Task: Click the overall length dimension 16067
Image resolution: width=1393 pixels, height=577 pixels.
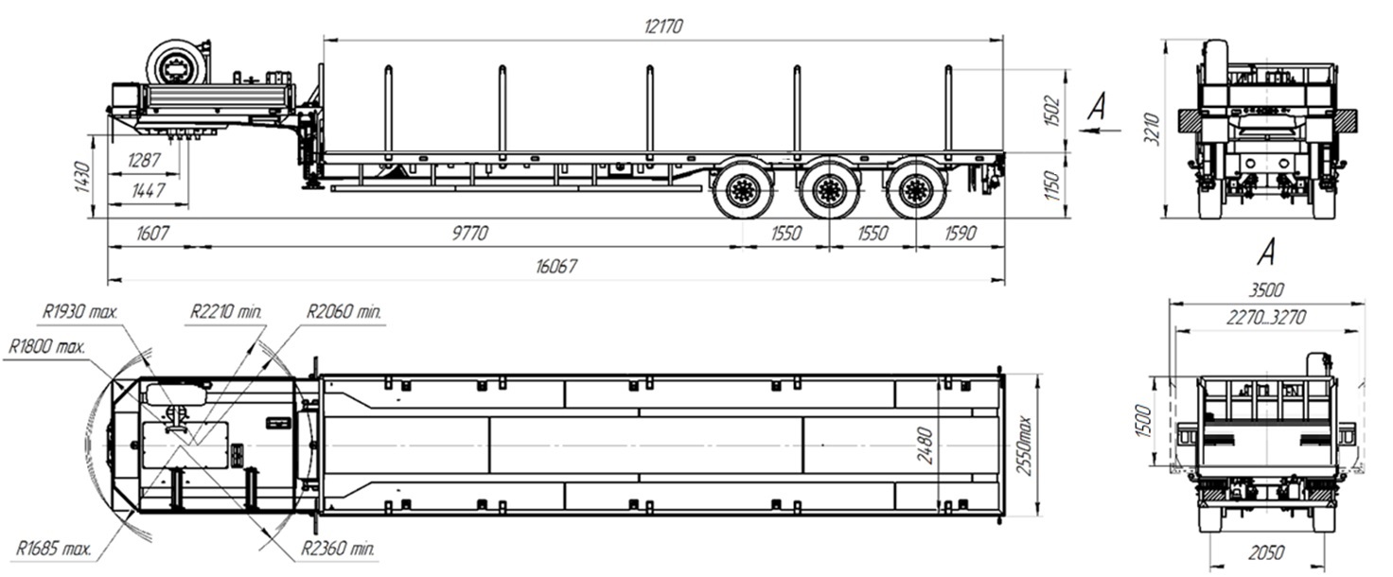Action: click(x=555, y=266)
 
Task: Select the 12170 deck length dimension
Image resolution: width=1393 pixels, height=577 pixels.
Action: click(x=663, y=26)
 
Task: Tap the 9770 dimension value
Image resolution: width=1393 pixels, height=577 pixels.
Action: click(x=469, y=233)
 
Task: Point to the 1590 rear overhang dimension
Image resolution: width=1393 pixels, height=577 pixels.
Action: click(x=961, y=233)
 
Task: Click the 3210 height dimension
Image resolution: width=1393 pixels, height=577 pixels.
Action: click(x=1153, y=130)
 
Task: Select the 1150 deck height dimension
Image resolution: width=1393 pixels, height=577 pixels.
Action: click(x=1051, y=185)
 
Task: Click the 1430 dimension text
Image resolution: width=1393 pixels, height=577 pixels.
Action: click(x=81, y=177)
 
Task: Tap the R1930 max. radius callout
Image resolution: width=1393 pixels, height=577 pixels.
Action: click(x=79, y=311)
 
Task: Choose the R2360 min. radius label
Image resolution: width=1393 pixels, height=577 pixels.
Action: click(x=338, y=549)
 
